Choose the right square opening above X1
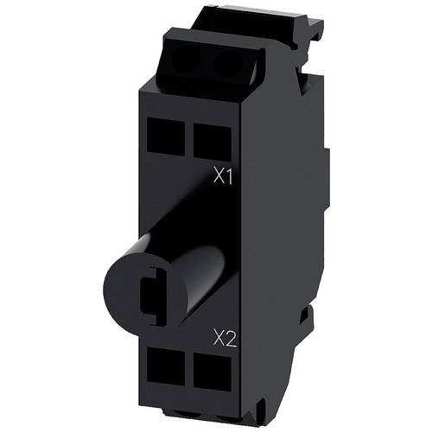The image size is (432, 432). [204, 137]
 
